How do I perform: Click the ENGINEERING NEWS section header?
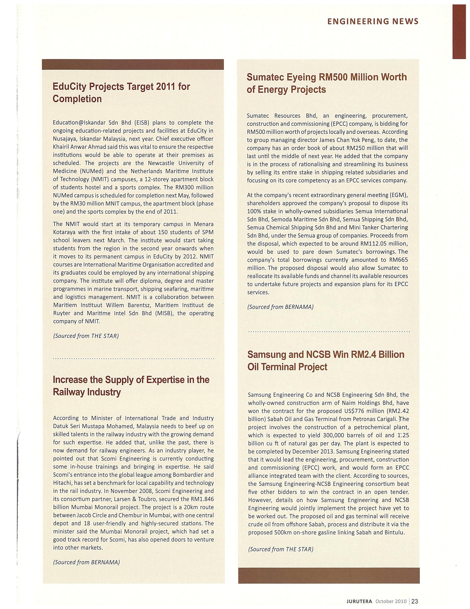coord(372,21)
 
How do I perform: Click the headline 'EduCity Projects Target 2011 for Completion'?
coord(121,93)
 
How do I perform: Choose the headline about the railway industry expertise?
coord(131,386)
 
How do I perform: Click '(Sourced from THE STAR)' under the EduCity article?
coord(86,336)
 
